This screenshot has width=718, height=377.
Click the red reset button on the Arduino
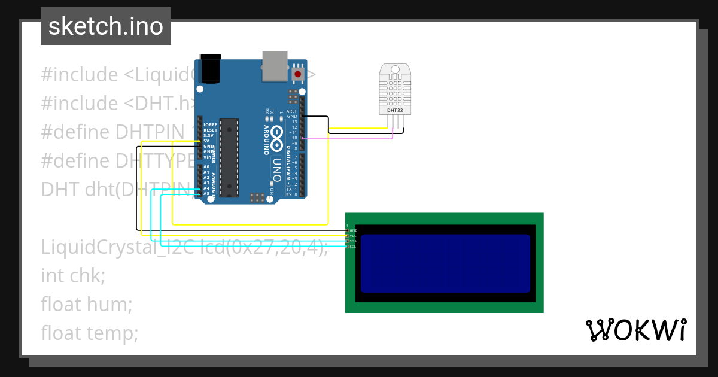click(297, 74)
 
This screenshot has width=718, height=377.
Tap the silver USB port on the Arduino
click(275, 65)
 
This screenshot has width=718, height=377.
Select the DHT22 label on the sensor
click(395, 110)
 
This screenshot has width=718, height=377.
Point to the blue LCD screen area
click(445, 263)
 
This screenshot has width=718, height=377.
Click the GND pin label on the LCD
click(354, 230)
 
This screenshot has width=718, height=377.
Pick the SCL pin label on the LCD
click(353, 247)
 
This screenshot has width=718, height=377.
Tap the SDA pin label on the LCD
click(353, 241)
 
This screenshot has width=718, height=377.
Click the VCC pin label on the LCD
click(353, 236)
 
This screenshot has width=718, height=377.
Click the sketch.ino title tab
click(106, 26)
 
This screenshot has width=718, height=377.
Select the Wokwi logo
click(635, 330)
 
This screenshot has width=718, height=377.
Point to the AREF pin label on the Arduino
click(292, 111)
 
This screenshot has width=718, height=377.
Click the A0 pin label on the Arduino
click(206, 167)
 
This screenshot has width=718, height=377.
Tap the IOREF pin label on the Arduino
click(209, 125)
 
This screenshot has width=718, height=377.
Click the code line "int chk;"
click(73, 276)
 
